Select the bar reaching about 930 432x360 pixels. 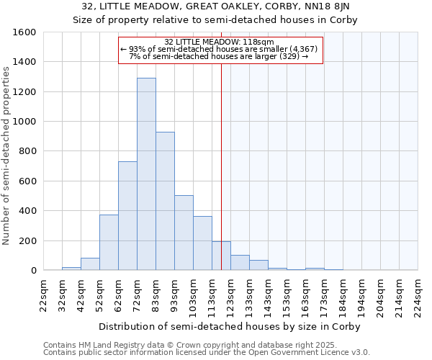[165, 202]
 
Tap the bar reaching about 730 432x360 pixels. [127, 216]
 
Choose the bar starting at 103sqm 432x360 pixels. [202, 243]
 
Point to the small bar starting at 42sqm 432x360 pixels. [90, 264]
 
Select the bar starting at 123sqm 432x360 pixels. [240, 263]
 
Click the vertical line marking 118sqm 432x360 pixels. [221, 166]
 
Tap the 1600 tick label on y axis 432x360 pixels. [24, 32]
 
